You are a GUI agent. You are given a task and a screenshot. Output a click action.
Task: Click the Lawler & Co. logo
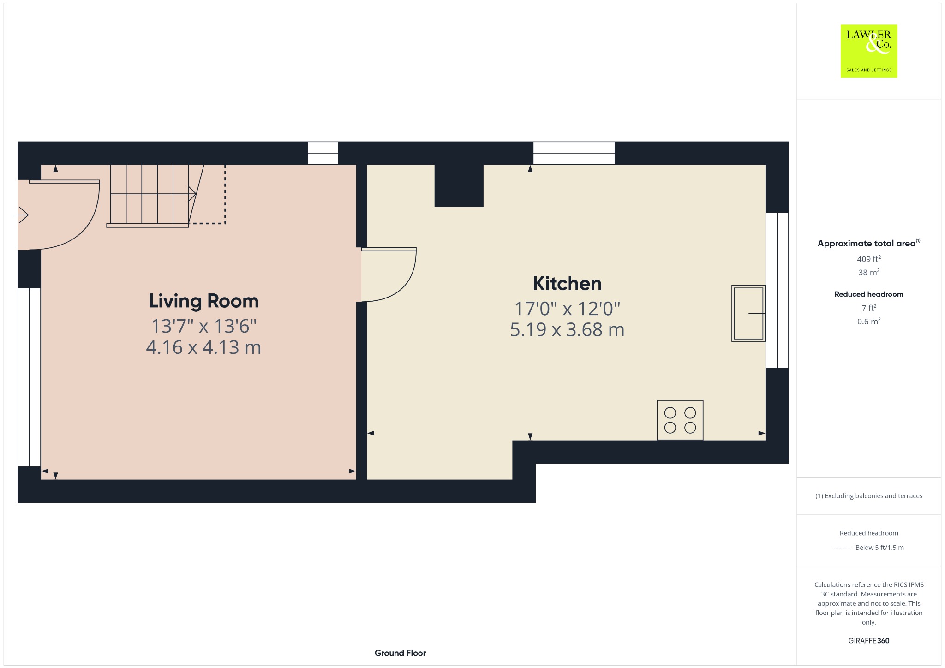click(868, 51)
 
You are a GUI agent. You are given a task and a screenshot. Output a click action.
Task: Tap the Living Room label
click(203, 301)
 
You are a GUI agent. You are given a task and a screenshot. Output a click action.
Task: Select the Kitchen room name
click(567, 284)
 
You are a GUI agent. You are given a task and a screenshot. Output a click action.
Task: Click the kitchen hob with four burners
click(680, 420)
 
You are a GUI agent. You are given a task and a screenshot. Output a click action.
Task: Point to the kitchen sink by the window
click(748, 313)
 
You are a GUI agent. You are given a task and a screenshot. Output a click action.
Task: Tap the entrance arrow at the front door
click(20, 215)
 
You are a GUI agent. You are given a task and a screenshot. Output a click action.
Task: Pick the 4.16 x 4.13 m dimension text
click(203, 347)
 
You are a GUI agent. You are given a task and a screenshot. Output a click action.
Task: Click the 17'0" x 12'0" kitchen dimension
click(567, 308)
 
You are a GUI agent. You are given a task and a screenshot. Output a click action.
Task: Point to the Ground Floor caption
click(400, 653)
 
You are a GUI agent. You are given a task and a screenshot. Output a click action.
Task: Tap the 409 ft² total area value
click(869, 259)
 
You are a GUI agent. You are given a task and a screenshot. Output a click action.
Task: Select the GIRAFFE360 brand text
click(869, 640)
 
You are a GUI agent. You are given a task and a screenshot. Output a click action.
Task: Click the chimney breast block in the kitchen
click(459, 185)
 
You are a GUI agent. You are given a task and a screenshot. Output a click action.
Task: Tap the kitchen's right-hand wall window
click(777, 290)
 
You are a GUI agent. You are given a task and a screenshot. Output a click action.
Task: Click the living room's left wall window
click(30, 377)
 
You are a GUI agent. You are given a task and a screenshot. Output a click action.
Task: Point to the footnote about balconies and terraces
click(869, 496)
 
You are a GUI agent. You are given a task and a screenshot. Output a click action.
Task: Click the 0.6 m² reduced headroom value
click(869, 322)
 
